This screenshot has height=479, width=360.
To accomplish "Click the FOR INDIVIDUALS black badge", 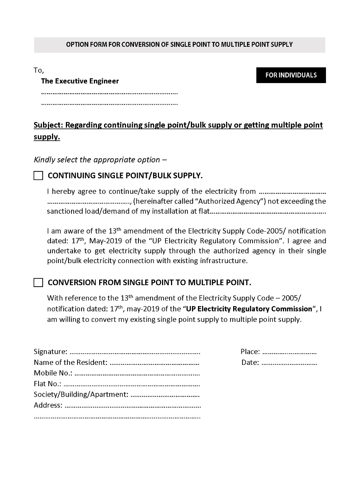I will tap(291, 75).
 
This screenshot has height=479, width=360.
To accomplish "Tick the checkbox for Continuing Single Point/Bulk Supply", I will tap(38, 176).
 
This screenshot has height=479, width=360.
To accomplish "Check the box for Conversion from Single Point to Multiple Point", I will tap(38, 283).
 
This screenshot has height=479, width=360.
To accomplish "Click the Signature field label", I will tap(51, 352).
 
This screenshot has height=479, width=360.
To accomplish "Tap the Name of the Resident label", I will tap(70, 363).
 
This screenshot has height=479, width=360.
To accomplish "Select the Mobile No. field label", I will tap(53, 373).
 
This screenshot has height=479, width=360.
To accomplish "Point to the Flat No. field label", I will tap(48, 384).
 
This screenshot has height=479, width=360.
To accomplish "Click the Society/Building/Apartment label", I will tap(81, 394).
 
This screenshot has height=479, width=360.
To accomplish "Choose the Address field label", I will tap(48, 405).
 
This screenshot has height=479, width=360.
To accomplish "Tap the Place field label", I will tap(250, 352).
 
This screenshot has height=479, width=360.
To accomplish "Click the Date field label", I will tap(250, 363).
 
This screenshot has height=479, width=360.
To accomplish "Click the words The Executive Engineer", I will tap(80, 81).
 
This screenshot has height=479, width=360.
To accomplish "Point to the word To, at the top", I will tap(39, 70).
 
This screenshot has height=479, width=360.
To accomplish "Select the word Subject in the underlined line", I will tap(48, 125).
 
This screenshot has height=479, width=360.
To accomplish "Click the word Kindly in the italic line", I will tap(45, 160).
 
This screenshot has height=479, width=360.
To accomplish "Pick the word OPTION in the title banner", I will tap(77, 45).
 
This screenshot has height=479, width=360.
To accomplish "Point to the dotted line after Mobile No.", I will tap(137, 373).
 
